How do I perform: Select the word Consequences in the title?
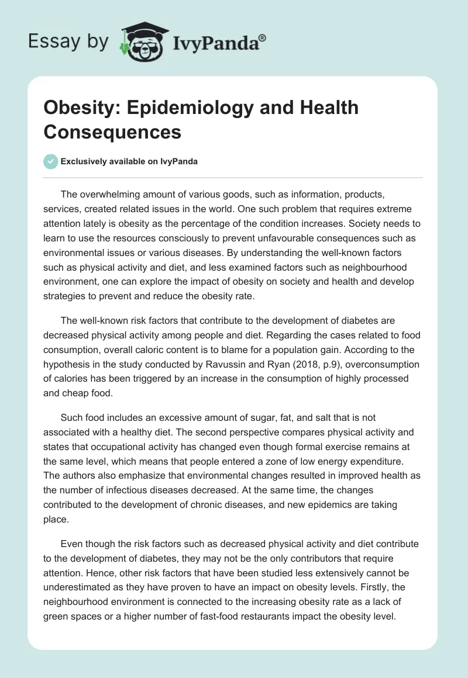click(x=112, y=132)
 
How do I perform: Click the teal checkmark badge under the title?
click(x=51, y=161)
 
